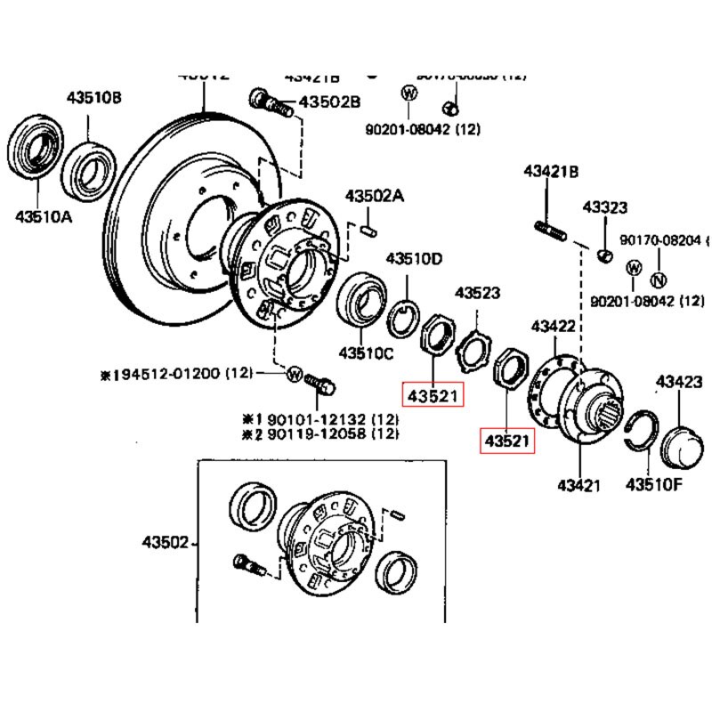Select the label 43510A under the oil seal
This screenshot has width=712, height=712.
click(x=42, y=214)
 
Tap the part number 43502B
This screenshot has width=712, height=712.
click(x=329, y=102)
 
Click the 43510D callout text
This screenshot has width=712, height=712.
click(x=413, y=259)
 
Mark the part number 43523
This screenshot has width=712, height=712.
click(x=477, y=292)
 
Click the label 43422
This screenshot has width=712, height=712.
click(x=554, y=327)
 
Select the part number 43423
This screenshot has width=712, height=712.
click(x=679, y=383)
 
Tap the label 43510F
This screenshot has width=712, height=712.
click(x=654, y=485)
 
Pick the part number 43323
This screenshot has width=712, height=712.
click(x=605, y=207)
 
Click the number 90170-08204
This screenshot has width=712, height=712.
click(x=662, y=240)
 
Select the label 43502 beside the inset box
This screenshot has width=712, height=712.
click(x=166, y=541)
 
